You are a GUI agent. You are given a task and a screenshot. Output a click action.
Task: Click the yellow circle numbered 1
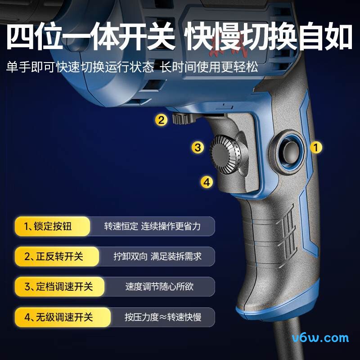316,147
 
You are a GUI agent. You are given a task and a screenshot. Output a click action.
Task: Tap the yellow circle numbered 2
161,120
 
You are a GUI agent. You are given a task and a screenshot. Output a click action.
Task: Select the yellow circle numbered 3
198,147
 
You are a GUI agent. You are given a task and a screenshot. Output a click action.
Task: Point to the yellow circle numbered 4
207,182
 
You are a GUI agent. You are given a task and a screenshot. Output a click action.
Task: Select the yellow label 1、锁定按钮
52,226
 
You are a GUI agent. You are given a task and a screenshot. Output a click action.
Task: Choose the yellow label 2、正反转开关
57,256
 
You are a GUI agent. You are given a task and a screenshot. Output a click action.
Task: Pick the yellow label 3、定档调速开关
59,287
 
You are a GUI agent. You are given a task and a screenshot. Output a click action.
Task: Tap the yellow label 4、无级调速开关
63,317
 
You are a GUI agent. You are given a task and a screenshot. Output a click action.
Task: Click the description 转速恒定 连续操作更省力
153,226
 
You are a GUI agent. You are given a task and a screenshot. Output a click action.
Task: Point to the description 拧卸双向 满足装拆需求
157,256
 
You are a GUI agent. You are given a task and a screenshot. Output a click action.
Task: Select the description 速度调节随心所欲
159,287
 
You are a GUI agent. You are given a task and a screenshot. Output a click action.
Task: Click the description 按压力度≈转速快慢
163,317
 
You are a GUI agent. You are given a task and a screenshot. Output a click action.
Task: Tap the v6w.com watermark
320,338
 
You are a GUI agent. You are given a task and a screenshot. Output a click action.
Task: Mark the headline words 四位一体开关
91,36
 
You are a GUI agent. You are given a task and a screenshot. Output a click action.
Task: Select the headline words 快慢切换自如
268,36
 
